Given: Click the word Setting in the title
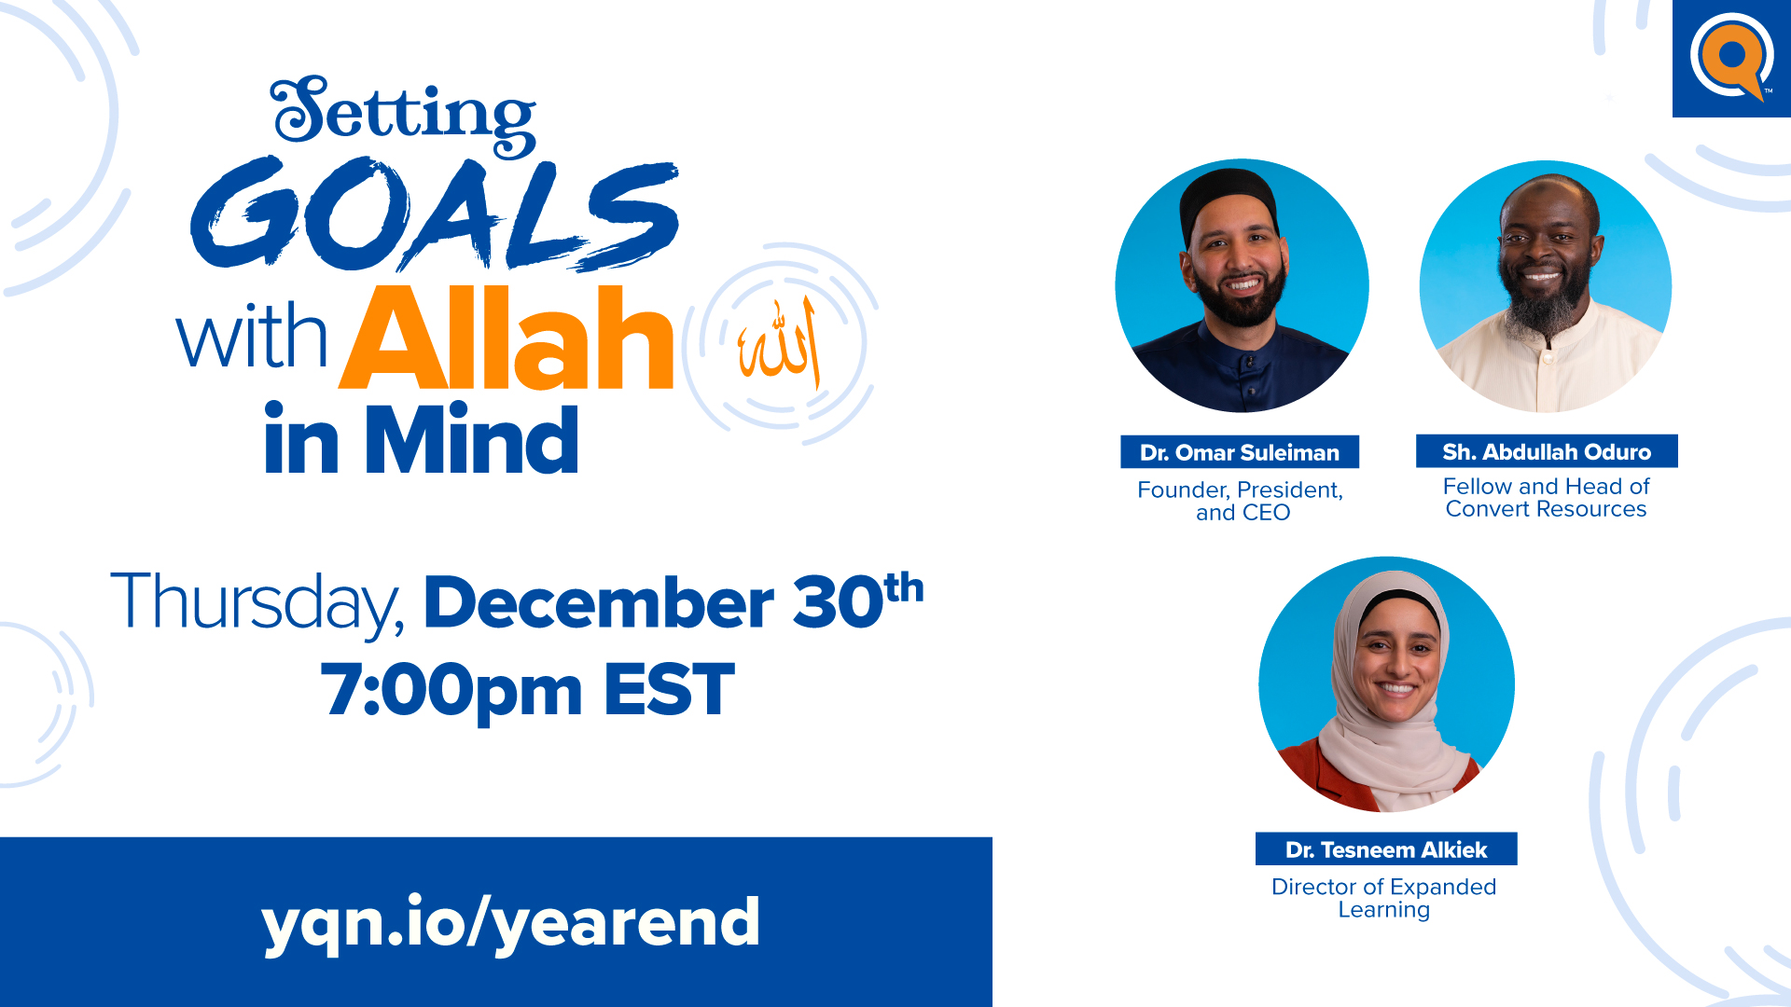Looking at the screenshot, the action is (x=403, y=116).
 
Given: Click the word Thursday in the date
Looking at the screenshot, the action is (x=257, y=603).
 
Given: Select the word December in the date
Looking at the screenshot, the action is (x=599, y=602).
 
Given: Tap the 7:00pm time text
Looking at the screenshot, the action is (x=451, y=691).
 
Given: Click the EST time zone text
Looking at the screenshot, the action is (x=670, y=690).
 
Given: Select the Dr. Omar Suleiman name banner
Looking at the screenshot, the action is (x=1240, y=452).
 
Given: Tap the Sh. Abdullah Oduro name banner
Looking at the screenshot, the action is (x=1547, y=451).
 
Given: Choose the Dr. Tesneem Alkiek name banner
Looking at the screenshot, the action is (x=1386, y=849).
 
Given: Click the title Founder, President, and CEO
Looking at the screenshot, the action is (x=1241, y=501).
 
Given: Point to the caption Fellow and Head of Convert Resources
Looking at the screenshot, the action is (x=1547, y=498).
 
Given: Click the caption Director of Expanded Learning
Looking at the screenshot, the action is (x=1384, y=898).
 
